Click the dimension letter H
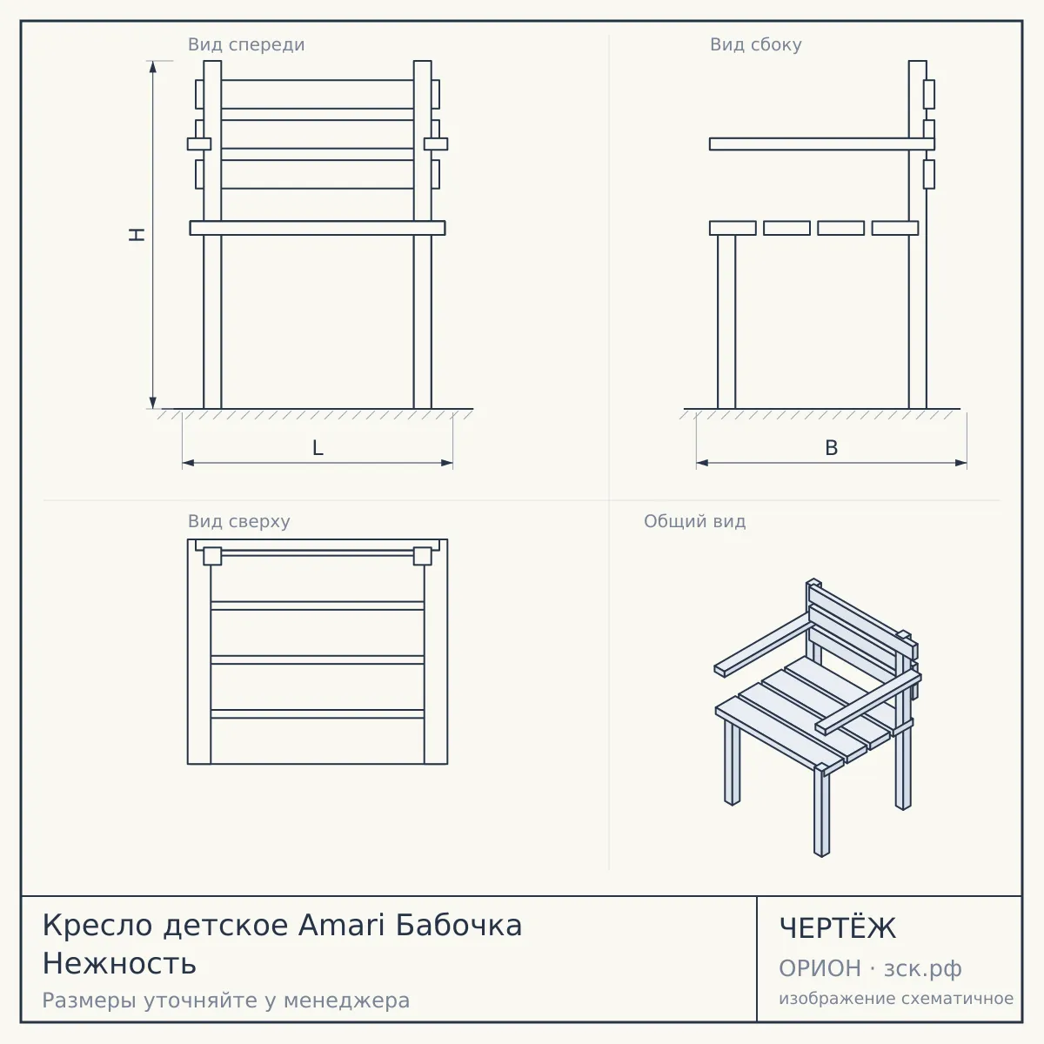tap(137, 235)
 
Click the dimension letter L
tap(318, 448)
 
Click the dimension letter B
tap(831, 448)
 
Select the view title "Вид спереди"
tap(246, 44)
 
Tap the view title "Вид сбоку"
tap(756, 44)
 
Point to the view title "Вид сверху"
tap(239, 521)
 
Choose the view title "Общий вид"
tap(694, 521)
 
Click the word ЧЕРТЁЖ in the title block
tap(838, 928)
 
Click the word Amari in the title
tap(341, 926)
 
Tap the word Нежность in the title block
tap(119, 964)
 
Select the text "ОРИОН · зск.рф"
tap(870, 969)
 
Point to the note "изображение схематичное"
tap(896, 999)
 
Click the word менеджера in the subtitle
tap(347, 1000)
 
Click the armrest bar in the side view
tap(822, 144)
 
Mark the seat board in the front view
tap(318, 228)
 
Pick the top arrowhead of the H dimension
tap(153, 67)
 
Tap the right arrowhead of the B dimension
tap(960, 463)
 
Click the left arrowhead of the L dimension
tap(189, 463)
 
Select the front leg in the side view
tap(726, 322)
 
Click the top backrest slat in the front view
tap(318, 94)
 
